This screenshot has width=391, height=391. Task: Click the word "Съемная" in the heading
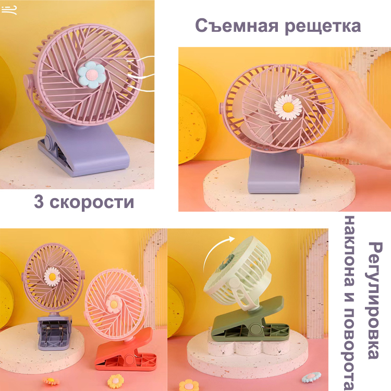236,26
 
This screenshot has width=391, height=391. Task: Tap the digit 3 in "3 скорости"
39,201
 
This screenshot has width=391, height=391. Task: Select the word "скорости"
92,202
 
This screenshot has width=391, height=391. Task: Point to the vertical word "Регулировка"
374,300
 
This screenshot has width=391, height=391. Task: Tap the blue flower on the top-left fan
91,75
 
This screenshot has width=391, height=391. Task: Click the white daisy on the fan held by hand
288,107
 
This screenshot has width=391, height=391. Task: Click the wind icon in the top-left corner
9,10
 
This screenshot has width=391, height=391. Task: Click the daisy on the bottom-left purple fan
52,276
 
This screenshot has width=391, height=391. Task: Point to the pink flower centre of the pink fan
114,304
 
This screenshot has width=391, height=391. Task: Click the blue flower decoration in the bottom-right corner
311,377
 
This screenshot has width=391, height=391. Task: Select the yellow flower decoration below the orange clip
115,381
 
